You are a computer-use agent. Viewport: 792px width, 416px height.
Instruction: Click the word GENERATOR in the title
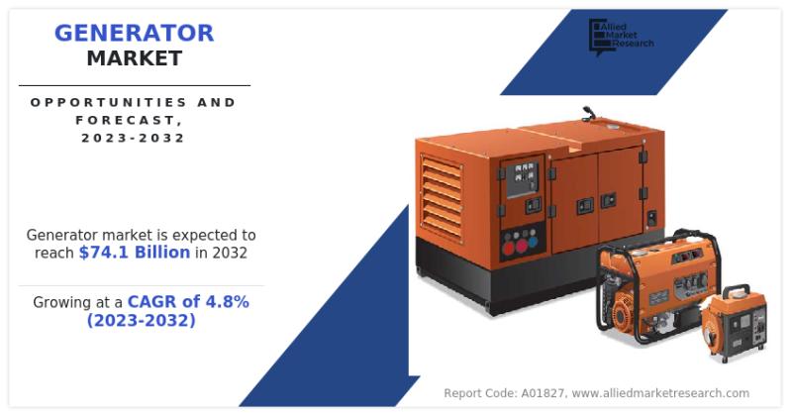(134, 33)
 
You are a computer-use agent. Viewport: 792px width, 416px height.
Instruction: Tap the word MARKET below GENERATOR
(134, 58)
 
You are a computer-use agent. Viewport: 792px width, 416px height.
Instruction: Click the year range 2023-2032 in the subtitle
(133, 138)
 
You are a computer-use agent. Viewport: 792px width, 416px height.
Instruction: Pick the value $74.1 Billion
(135, 253)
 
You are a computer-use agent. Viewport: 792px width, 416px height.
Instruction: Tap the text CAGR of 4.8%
(187, 302)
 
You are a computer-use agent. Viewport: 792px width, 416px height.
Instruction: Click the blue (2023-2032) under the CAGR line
(141, 321)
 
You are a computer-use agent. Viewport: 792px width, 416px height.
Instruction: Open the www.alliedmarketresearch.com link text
(660, 393)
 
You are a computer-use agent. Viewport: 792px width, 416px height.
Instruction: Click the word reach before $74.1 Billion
(53, 253)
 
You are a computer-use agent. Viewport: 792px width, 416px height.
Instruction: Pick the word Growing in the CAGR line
(65, 302)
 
